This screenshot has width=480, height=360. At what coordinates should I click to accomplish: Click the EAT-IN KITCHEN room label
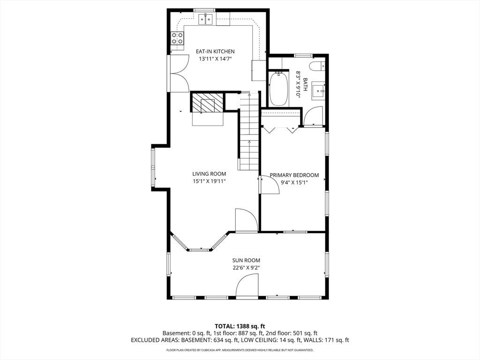[x=215, y=52]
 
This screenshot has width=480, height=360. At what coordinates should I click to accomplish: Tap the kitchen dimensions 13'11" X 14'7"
[x=215, y=59]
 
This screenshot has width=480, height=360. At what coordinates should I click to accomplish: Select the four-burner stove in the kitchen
[x=177, y=38]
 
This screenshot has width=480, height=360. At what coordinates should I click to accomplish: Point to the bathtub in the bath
[x=278, y=89]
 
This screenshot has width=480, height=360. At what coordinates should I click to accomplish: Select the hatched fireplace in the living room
[x=208, y=103]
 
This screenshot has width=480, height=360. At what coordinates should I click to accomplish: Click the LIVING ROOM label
[x=209, y=174]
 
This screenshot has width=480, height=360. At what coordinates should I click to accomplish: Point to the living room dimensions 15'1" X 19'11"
[x=209, y=181]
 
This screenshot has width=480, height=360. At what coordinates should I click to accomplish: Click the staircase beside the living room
[x=249, y=131]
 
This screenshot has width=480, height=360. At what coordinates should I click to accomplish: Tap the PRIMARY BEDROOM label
[x=294, y=175]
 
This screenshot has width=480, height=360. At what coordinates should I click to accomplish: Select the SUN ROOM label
[x=246, y=261]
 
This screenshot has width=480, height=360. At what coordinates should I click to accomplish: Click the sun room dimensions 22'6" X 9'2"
[x=246, y=268]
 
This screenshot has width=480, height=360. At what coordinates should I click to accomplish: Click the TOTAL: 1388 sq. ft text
[x=240, y=326]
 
